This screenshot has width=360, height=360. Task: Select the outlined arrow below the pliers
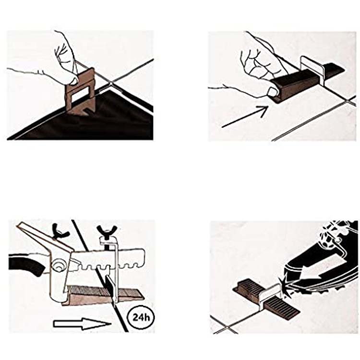82,324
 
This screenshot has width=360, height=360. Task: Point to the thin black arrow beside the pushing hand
245,117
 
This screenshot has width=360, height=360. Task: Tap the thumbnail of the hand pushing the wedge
273,92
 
